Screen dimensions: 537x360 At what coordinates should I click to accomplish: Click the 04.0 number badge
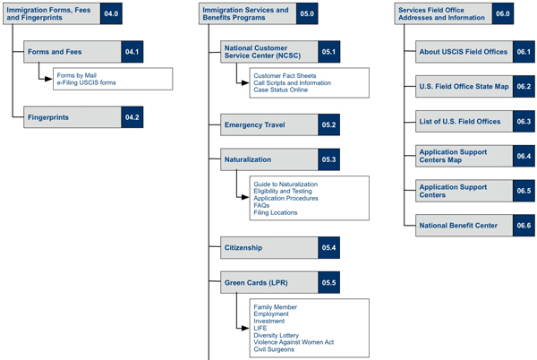tap(111, 13)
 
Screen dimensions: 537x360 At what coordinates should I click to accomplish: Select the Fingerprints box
tap(83, 117)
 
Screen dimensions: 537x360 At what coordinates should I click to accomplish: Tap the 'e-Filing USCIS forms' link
tap(86, 82)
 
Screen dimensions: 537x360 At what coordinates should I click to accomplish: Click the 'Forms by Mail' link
tap(77, 75)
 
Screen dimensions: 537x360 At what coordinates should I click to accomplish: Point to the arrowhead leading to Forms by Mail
tap(48, 79)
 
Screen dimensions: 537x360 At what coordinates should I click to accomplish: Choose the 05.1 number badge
tap(328, 52)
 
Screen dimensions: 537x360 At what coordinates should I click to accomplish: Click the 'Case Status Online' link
tap(281, 90)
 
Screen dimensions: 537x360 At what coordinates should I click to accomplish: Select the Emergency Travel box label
tap(255, 125)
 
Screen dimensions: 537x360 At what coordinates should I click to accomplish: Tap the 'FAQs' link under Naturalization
tap(261, 205)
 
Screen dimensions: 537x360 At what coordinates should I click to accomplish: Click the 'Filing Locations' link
tap(276, 213)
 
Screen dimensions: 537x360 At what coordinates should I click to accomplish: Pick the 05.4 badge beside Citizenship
tap(328, 248)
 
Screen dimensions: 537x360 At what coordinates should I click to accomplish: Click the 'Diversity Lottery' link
tap(276, 335)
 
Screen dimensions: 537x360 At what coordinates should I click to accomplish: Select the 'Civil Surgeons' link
tap(274, 349)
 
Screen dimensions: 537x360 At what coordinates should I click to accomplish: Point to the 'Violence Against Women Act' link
tap(294, 342)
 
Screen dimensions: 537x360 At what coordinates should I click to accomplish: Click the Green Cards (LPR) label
tap(256, 283)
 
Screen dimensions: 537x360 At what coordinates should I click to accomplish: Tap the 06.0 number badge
tap(503, 13)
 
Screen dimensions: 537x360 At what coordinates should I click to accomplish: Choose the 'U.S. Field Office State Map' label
tap(464, 87)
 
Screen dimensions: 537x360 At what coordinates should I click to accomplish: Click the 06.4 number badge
tap(524, 156)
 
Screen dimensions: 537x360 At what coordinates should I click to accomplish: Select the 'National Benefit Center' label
tap(458, 226)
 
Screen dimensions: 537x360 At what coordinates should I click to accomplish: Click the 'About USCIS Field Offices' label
tap(464, 52)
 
